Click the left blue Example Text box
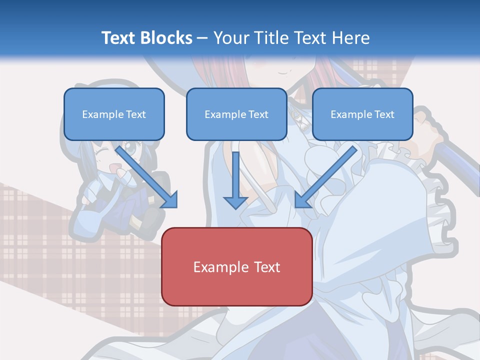(x=114, y=114)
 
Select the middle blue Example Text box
(x=236, y=114)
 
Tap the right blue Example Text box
(x=362, y=114)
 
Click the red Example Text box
(x=236, y=266)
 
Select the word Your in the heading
(x=230, y=38)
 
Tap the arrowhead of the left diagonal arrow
(x=170, y=200)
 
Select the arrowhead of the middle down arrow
(x=235, y=202)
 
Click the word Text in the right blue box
(x=384, y=114)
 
